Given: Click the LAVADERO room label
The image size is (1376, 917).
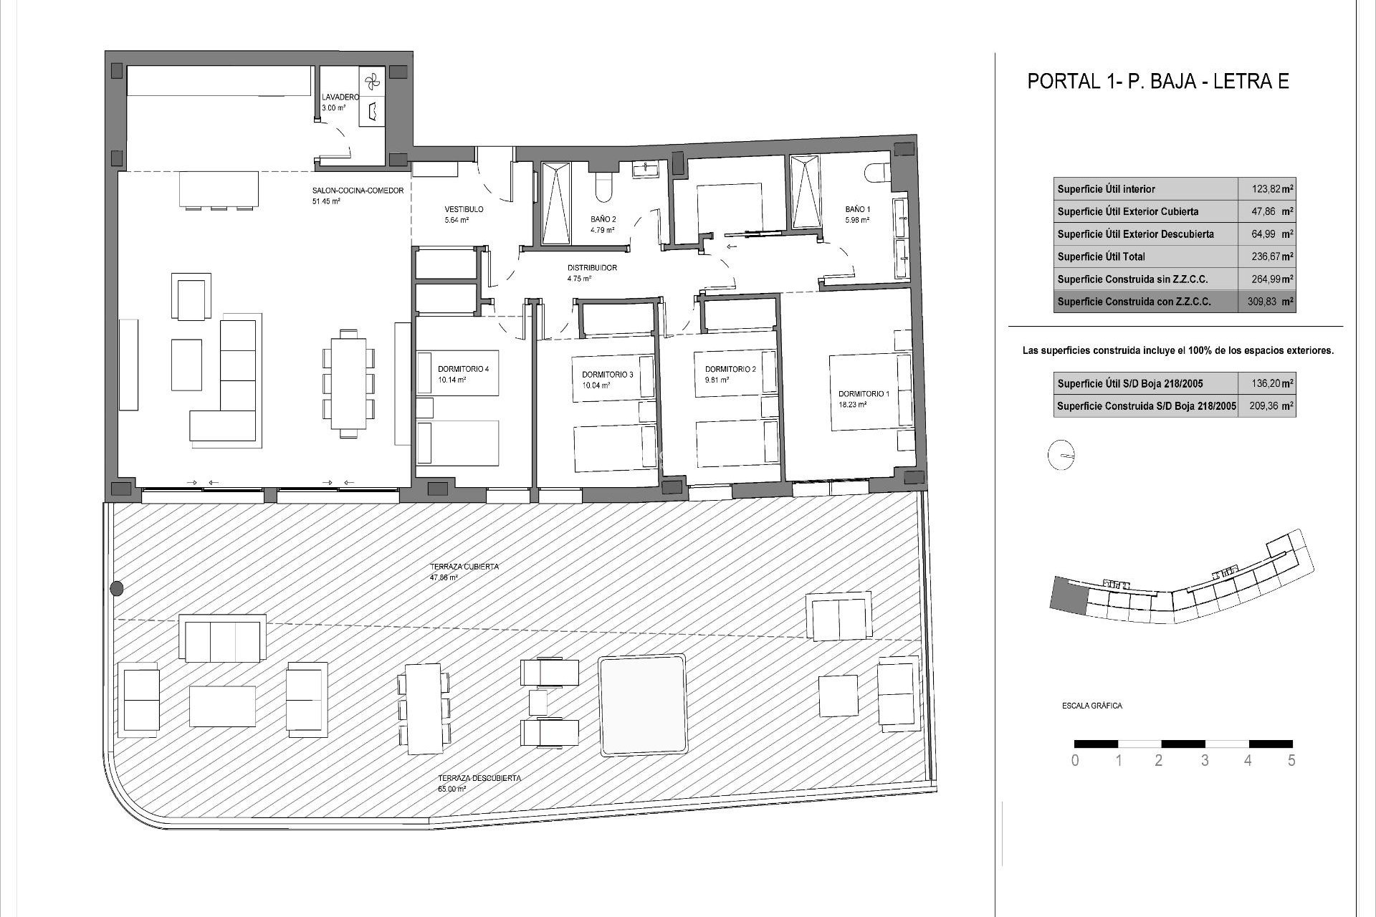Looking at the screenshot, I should pos(340,97).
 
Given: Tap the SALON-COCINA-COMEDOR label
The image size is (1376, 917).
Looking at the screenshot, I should pos(358,191).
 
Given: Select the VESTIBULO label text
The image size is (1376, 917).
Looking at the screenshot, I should pos(464,210).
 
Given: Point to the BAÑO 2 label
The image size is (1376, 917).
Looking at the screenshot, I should pos(603,220).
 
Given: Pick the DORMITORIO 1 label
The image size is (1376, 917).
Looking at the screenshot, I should pos(864,394).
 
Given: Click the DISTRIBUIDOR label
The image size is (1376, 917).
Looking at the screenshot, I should pos(592,268).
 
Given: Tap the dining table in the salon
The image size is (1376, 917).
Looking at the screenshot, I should pos(348,383).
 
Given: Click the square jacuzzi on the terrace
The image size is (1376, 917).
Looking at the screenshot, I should pos(642,704).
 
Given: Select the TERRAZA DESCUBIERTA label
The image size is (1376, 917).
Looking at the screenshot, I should pos(479,778).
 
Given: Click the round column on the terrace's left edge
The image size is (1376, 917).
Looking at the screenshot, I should pos(117,589).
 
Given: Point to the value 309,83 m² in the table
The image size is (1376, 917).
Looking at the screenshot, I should pos(1266,302).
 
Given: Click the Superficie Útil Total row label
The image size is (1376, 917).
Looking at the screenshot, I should pos(1101,256).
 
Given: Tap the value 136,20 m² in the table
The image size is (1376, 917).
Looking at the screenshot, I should pos(1266,383).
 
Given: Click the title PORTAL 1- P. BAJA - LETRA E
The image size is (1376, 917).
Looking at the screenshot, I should pos(1158,81).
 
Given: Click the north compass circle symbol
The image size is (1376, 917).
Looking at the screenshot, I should pos(1061,456).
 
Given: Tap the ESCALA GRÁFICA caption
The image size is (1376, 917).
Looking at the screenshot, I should pos(1091,706).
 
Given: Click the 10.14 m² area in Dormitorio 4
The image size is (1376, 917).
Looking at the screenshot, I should pos(451,380).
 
